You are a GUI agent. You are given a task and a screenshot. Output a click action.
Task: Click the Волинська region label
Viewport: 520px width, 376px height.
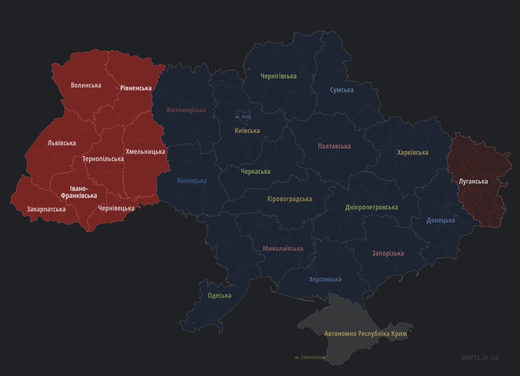point(86,85)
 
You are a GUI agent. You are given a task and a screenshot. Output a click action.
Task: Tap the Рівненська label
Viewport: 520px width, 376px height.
point(136,88)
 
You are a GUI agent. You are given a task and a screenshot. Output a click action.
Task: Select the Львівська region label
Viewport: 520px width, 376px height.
point(62,143)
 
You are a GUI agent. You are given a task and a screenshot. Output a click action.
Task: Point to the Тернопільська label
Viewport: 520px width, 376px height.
point(103,159)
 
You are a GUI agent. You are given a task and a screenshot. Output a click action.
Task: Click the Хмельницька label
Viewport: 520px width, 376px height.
point(145,152)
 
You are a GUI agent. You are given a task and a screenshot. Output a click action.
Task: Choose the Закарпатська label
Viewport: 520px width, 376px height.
point(46,209)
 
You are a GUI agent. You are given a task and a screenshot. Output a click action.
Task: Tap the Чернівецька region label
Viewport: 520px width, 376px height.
point(116,208)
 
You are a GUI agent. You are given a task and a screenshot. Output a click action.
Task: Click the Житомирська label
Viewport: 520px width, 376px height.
point(186,110)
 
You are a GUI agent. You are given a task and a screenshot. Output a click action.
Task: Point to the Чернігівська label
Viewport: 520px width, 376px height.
point(279,76)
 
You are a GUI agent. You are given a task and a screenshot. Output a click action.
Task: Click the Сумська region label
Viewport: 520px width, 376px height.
point(341,90)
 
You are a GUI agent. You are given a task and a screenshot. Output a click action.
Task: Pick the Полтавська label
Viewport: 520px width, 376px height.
point(334,146)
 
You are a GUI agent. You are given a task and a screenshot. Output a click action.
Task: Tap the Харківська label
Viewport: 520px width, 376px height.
point(413,153)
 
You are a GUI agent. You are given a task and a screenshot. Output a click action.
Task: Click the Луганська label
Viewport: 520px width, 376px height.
point(473,182)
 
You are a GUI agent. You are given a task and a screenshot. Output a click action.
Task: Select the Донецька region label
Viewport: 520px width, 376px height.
point(441,220)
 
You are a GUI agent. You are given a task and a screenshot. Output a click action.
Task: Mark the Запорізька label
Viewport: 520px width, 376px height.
point(388,253)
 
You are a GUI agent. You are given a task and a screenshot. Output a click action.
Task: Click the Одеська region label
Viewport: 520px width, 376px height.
point(219,296)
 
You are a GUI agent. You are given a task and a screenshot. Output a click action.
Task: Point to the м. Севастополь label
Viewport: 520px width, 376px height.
point(310,357)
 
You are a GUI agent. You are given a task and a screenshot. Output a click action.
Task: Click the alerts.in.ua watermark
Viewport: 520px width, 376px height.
point(480,357)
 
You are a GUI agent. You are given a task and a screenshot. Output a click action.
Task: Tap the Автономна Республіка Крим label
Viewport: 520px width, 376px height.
point(366,334)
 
